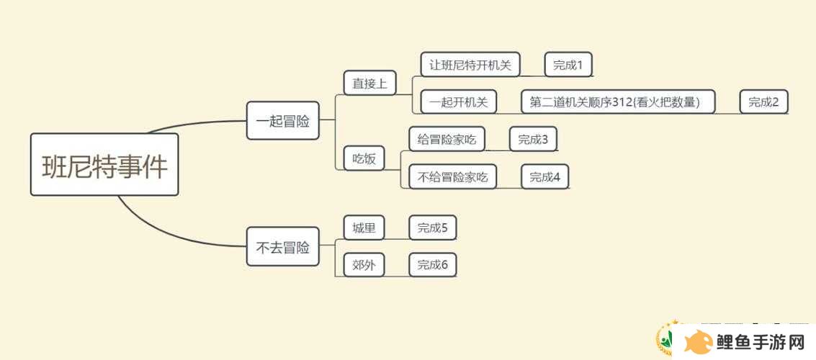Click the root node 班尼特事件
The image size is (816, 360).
[104, 164]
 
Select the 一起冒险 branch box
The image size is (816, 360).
[282, 121]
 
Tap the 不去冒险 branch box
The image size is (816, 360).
[282, 246]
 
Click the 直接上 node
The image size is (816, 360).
[370, 83]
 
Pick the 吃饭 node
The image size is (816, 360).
[364, 158]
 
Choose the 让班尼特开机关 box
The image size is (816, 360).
[470, 65]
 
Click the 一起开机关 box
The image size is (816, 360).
[459, 102]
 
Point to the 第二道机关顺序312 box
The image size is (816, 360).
[618, 102]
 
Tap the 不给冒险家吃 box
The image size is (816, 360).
[452, 176]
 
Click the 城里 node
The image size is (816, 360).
[364, 228]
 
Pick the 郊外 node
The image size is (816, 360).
[364, 265]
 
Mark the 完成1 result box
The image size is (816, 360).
[568, 65]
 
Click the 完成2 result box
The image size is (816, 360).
[764, 102]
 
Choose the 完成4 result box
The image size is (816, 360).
[545, 176]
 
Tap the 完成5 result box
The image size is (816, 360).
[432, 228]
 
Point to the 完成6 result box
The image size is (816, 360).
[432, 265]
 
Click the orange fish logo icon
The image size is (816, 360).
[699, 342]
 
